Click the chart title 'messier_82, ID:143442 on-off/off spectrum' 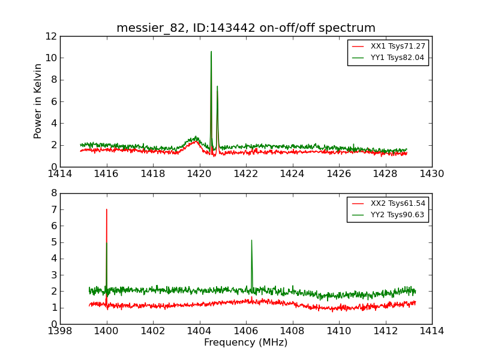pyautogui.click(x=246, y=28)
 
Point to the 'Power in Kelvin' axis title pyautogui.click(x=38, y=101)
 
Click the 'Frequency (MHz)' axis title pyautogui.click(x=246, y=343)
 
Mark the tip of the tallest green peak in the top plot pyautogui.click(x=211, y=52)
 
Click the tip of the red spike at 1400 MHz pyautogui.click(x=107, y=209)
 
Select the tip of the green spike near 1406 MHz pyautogui.click(x=251, y=241)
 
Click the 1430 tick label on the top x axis pyautogui.click(x=431, y=174)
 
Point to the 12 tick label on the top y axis pyautogui.click(x=51, y=36)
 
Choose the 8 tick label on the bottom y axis pyautogui.click(x=53, y=193)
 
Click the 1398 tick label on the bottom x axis pyautogui.click(x=60, y=331)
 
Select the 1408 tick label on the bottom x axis pyautogui.click(x=292, y=331)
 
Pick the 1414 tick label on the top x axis pyautogui.click(x=60, y=174)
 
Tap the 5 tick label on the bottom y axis pyautogui.click(x=53, y=242)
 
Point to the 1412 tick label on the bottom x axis pyautogui.click(x=385, y=331)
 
